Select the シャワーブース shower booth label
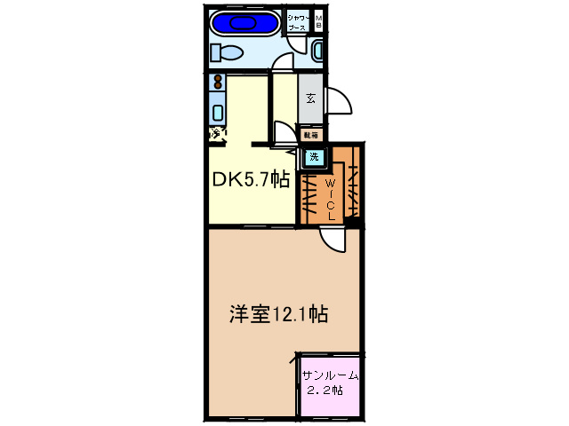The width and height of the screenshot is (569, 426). (x=297, y=22)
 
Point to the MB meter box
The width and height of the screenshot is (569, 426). (x=318, y=21)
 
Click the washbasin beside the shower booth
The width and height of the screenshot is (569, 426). (x=318, y=51)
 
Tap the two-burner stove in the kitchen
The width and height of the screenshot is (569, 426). (x=217, y=84)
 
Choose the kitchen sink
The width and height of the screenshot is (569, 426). (x=217, y=112)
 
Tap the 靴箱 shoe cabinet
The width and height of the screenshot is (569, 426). (x=311, y=135)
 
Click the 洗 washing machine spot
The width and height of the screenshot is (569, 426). (x=313, y=159)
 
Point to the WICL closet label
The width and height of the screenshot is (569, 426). (x=329, y=197)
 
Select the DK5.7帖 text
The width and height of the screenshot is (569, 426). (x=250, y=179)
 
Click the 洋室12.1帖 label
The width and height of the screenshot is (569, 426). (x=280, y=314)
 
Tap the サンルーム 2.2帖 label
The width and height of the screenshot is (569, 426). (x=331, y=383)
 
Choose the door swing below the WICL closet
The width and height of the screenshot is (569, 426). (x=331, y=240)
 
